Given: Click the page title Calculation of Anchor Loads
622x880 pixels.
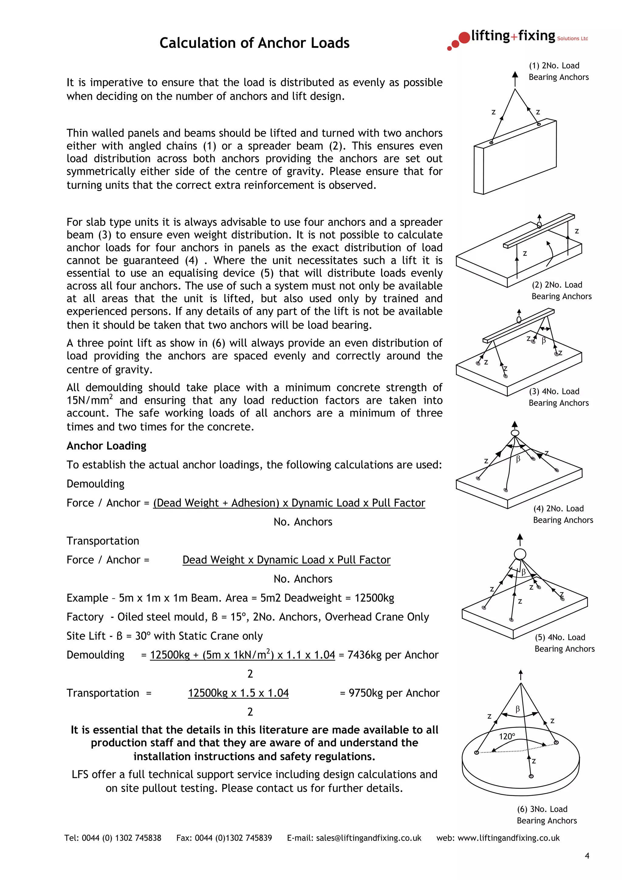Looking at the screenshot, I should (x=254, y=43).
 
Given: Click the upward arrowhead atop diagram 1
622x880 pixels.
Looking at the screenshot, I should (x=515, y=74).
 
